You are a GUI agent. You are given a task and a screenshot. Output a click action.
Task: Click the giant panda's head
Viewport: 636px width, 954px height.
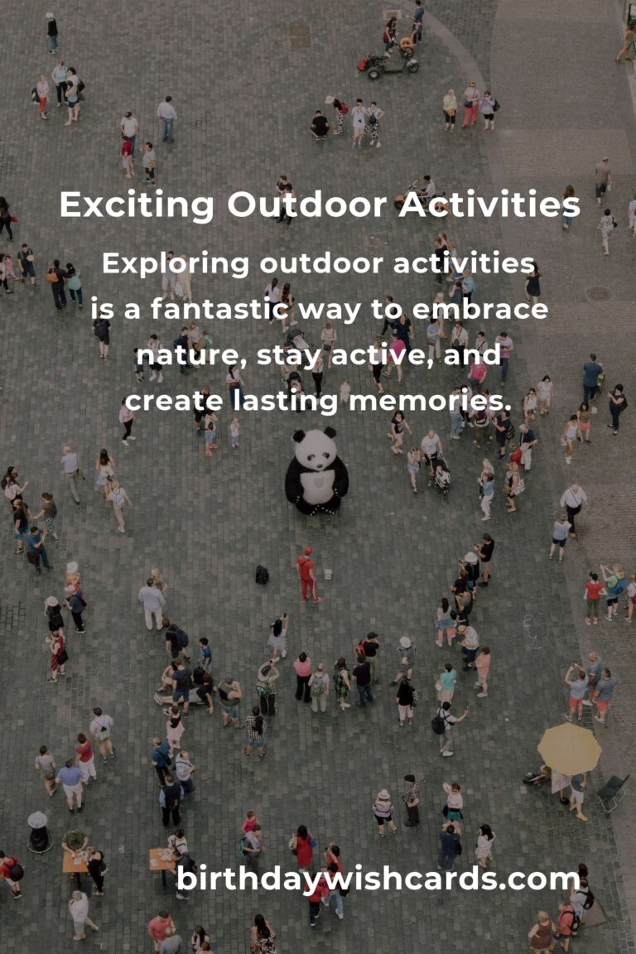coord(316,447)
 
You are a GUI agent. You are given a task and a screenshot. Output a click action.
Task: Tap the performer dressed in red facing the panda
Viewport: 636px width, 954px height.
coord(307,575)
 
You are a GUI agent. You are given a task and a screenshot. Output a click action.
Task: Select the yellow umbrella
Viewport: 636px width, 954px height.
coord(569,749)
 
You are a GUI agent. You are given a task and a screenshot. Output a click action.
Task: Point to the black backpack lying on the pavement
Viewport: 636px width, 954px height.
coord(262,575)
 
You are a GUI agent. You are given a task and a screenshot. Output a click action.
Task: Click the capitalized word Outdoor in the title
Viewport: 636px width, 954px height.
coord(307,205)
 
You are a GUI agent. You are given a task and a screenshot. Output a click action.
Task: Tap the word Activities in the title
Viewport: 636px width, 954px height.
coord(489,205)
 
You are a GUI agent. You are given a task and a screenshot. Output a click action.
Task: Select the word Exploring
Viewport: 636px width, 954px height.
coord(176,265)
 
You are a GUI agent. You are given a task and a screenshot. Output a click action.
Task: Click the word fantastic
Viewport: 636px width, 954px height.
coord(219,308)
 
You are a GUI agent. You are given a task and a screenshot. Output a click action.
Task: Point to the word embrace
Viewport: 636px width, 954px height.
coord(480,309)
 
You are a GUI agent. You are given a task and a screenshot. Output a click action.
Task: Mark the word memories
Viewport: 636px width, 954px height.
coord(431,401)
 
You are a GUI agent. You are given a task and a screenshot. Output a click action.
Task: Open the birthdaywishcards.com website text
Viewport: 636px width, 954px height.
coord(378,879)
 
